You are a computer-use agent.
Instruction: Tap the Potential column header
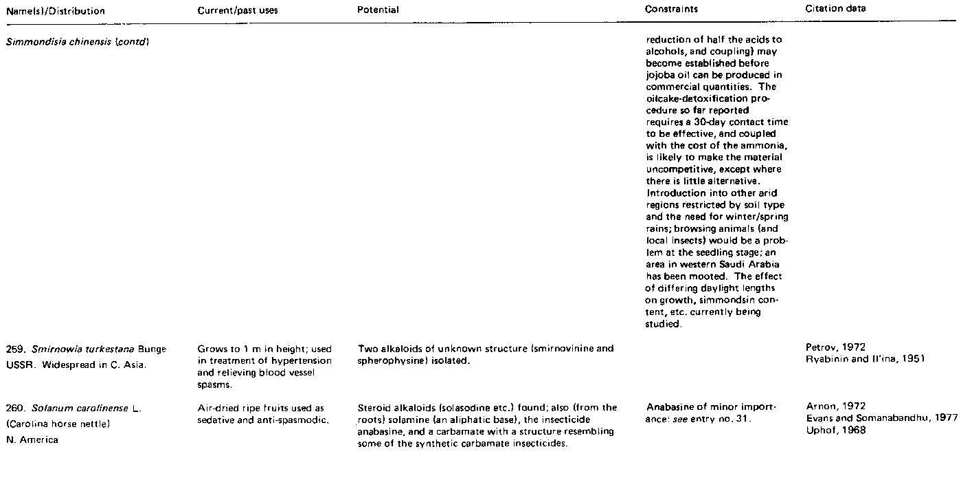[x=378, y=11]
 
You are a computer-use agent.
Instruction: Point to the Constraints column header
[x=672, y=10]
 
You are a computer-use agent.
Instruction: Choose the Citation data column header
[x=835, y=9]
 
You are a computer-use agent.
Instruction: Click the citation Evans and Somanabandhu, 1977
[x=881, y=419]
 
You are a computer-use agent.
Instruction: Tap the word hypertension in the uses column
[x=304, y=361]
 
